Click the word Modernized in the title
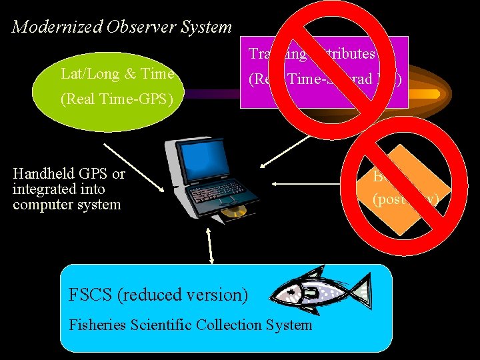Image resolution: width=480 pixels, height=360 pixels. pyautogui.click(x=47, y=27)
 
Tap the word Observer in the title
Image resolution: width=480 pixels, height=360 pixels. pyautogui.click(x=117, y=27)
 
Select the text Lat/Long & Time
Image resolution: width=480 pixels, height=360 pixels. pyautogui.click(x=117, y=74)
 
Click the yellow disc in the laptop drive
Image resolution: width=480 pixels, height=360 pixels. pyautogui.click(x=234, y=213)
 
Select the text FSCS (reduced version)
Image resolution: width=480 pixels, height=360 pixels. pyautogui.click(x=158, y=295)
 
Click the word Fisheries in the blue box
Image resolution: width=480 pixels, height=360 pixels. pyautogui.click(x=96, y=325)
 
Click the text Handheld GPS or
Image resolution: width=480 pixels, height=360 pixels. pyautogui.click(x=69, y=174)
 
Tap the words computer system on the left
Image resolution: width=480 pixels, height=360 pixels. pyautogui.click(x=67, y=205)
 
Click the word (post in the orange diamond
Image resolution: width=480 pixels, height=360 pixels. pyautogui.click(x=387, y=199)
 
